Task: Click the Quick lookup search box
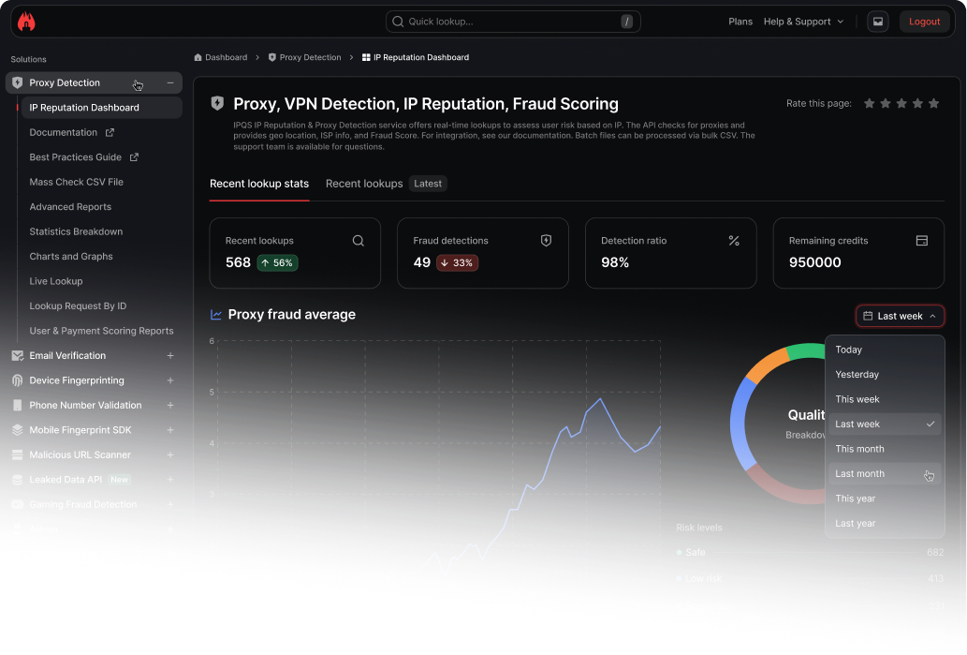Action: pyautogui.click(x=512, y=22)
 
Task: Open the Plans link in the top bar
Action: pyautogui.click(x=740, y=22)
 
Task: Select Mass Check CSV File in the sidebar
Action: pyautogui.click(x=76, y=182)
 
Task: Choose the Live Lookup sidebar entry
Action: pyautogui.click(x=56, y=281)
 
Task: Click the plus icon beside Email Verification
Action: pyautogui.click(x=170, y=356)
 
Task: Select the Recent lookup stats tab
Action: pyautogui.click(x=259, y=184)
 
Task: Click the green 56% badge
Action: pyautogui.click(x=277, y=263)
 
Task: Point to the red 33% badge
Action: pyautogui.click(x=457, y=263)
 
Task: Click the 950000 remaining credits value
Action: pyautogui.click(x=814, y=262)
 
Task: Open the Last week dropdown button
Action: pyautogui.click(x=900, y=316)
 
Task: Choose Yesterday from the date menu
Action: pyautogui.click(x=857, y=375)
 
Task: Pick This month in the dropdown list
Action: pyautogui.click(x=859, y=449)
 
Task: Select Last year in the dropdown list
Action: pyautogui.click(x=855, y=523)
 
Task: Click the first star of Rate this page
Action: pyautogui.click(x=870, y=103)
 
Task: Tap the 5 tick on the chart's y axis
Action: pyautogui.click(x=212, y=392)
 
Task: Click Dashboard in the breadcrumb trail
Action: pyautogui.click(x=226, y=57)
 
